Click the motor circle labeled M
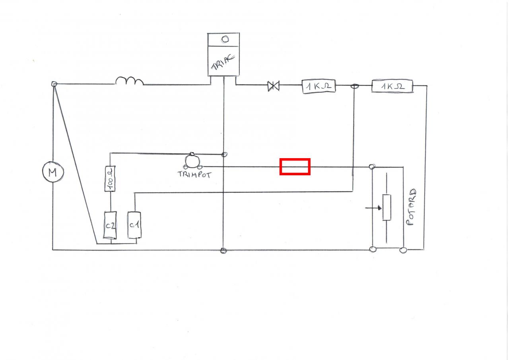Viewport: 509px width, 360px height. (52, 172)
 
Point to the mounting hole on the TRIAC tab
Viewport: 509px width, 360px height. (225, 39)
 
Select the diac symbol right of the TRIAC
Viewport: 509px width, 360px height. (273, 85)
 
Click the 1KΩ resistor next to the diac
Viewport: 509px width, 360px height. (319, 86)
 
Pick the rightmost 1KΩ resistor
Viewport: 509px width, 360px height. (392, 86)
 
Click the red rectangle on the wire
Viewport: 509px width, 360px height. (295, 166)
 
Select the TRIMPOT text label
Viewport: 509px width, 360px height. (195, 174)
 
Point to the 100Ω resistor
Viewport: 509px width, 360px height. (110, 179)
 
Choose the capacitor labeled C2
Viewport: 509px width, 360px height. (110, 225)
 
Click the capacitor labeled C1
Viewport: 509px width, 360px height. (134, 225)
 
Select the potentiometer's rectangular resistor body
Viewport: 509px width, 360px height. (387, 207)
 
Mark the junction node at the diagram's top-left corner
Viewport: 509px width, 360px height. (54, 84)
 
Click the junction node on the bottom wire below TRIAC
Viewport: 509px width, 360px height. (223, 250)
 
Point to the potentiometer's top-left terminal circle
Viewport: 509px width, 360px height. (372, 167)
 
